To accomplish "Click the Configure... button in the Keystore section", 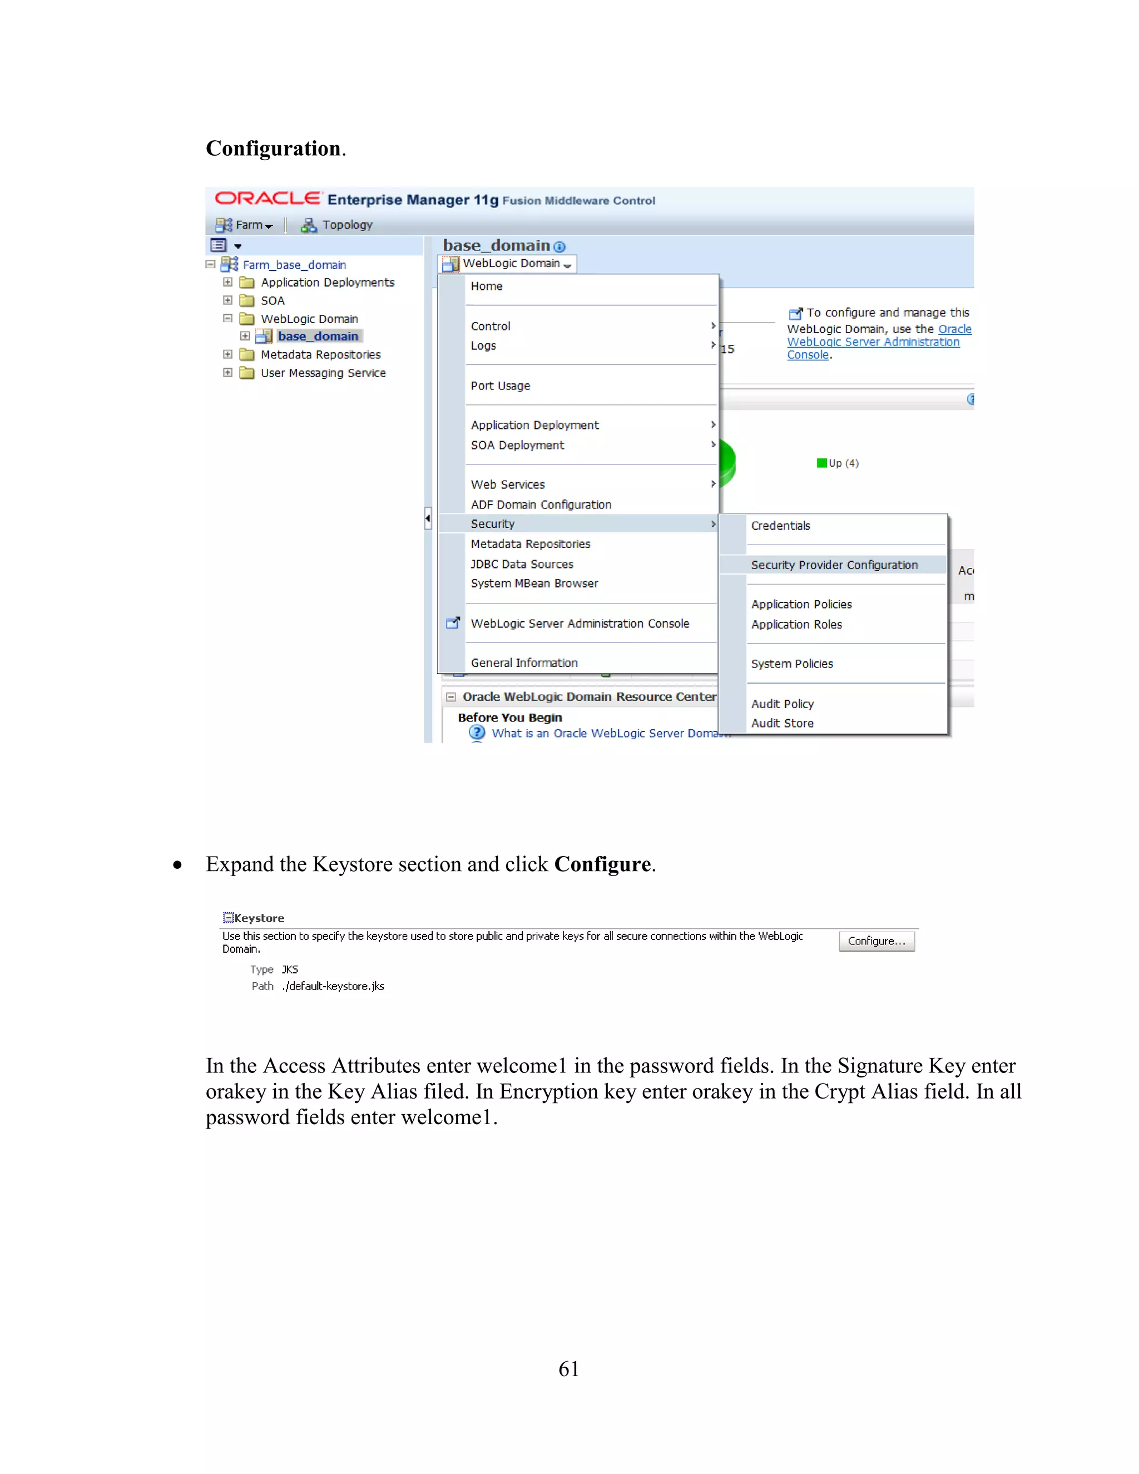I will coord(876,941).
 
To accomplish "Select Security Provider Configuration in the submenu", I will coord(834,565).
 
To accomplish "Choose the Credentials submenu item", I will coord(781,526).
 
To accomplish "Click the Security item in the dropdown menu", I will coord(493,524).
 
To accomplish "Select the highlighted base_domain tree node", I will coord(318,336).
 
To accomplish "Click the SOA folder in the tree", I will coord(272,300).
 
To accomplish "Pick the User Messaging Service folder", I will coord(323,373).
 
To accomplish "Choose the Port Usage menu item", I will coord(500,385).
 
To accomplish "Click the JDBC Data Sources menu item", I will coord(522,563).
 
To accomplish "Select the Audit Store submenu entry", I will coord(782,723).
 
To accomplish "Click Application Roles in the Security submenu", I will coord(796,624).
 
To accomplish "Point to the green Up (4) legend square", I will coord(821,463).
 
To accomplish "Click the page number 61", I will coord(568,1369).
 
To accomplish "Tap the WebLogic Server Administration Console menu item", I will coord(580,624).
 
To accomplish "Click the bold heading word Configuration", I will coord(273,149).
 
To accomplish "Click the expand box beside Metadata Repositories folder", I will coord(228,354).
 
